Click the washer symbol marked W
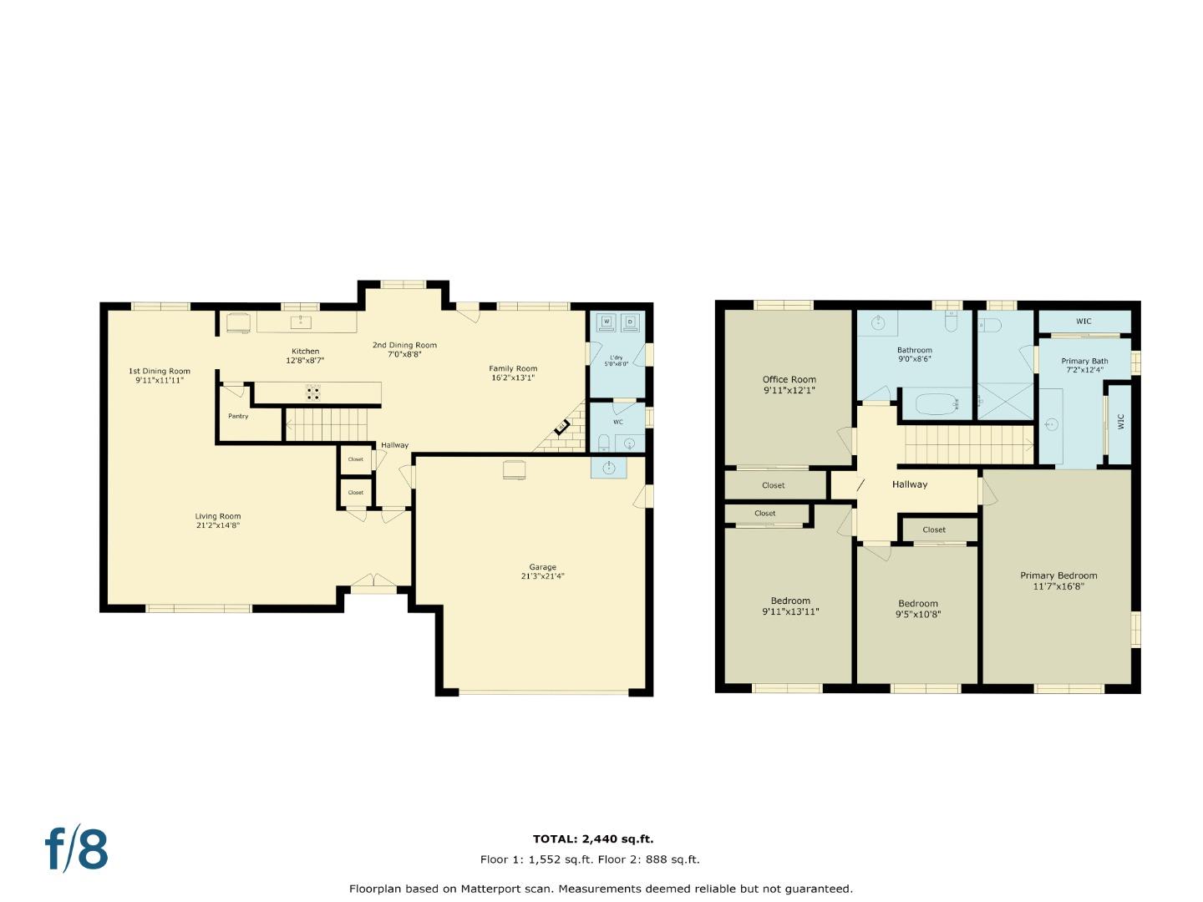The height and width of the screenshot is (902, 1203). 607,322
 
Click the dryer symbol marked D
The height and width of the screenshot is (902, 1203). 630,322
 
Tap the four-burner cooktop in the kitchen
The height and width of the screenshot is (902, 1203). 313,393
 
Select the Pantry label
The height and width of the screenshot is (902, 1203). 238,416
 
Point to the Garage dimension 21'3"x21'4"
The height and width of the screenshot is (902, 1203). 542,576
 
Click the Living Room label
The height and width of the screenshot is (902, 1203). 218,516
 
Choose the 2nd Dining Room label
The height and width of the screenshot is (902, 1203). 404,345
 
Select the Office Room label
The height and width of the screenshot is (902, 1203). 789,379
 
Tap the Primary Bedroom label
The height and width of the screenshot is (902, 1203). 1058,575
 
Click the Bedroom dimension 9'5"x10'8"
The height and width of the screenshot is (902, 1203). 917,615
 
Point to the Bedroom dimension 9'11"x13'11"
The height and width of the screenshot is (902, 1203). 790,611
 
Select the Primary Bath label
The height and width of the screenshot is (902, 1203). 1084,362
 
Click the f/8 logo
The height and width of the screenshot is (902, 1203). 76,849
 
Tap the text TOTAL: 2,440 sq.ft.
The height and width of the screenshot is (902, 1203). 593,839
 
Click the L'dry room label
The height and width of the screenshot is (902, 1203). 616,357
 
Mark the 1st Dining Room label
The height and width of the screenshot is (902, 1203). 159,371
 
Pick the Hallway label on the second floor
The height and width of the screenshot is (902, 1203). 909,484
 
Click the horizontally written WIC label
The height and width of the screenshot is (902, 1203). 1083,322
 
